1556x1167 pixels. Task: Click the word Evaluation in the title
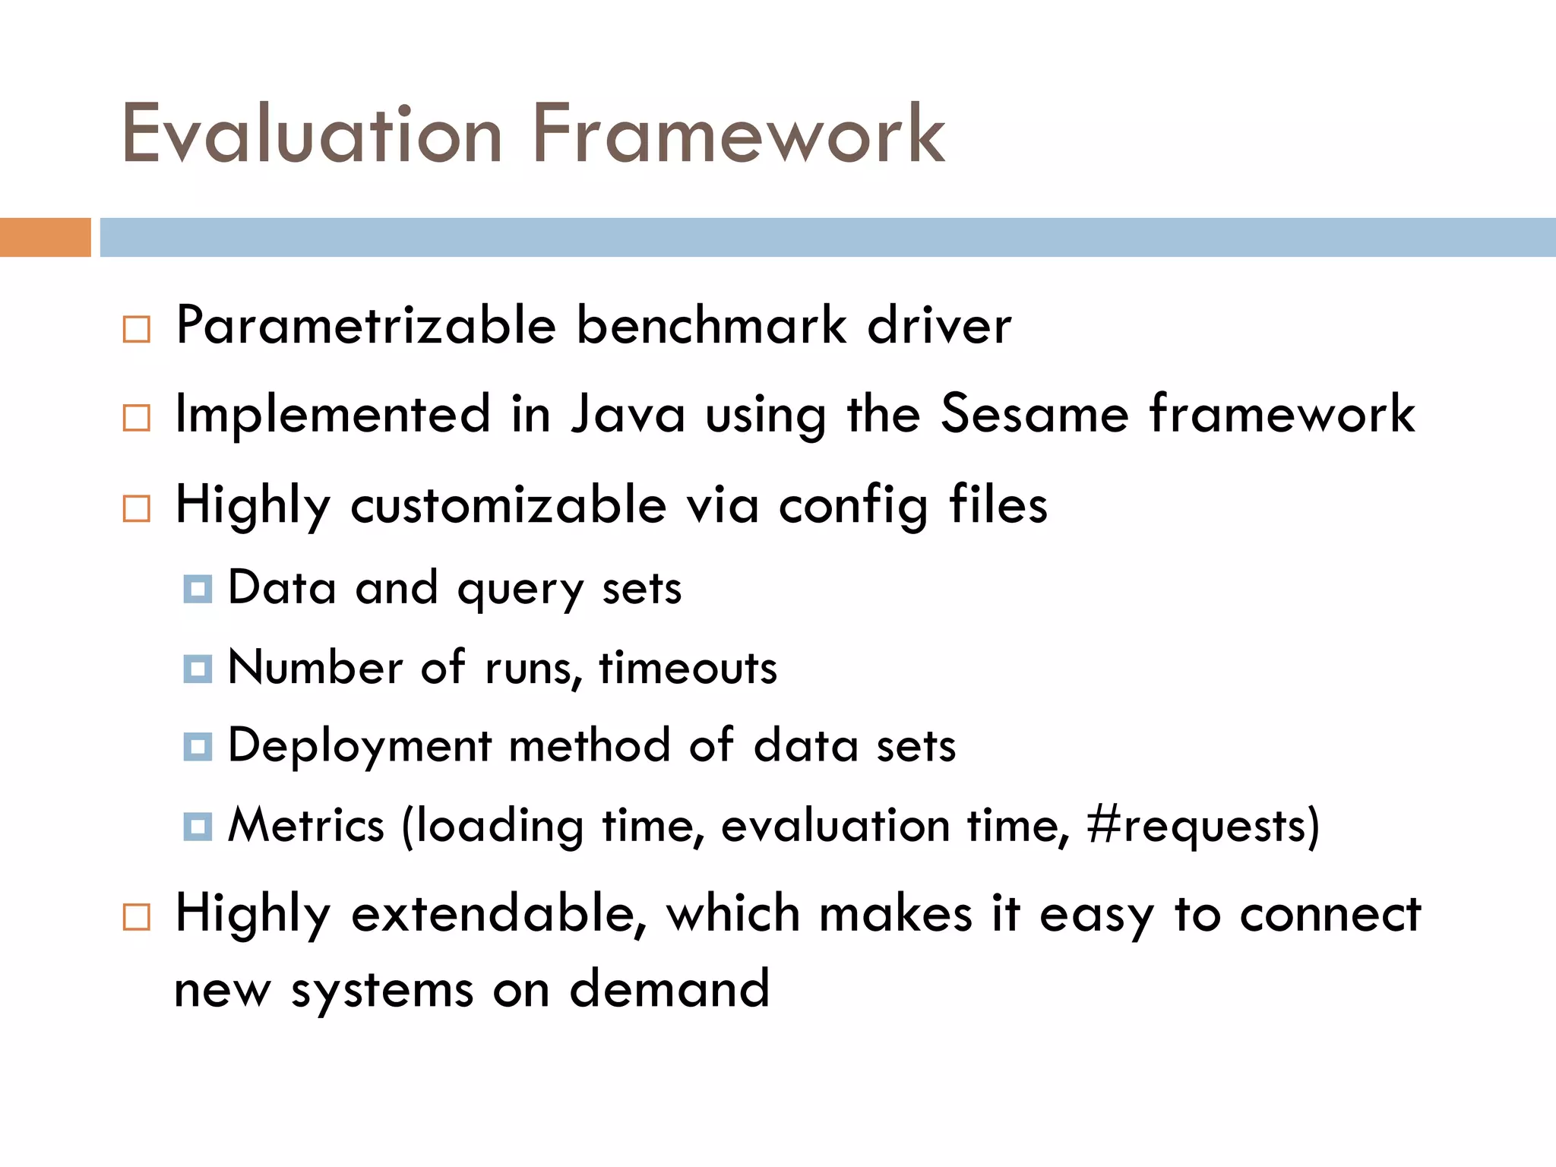[x=312, y=134]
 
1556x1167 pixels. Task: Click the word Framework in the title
[x=738, y=134]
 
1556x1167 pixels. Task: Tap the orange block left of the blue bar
[x=46, y=237]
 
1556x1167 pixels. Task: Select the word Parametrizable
[x=366, y=326]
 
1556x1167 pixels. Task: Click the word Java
[x=628, y=414]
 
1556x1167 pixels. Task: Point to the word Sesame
[x=1035, y=414]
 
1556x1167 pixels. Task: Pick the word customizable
[x=508, y=505]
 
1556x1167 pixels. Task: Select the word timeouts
[x=688, y=669]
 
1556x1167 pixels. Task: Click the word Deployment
[x=359, y=748]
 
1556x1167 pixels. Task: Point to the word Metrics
[x=306, y=826]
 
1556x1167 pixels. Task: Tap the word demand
[x=670, y=990]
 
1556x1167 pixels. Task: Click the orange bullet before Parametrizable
[x=137, y=330]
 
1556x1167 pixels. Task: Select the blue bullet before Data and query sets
[x=198, y=589]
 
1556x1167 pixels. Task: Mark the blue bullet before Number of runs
[x=198, y=669]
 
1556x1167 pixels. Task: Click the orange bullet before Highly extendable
[x=137, y=917]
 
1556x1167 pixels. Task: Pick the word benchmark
[x=711, y=326]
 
